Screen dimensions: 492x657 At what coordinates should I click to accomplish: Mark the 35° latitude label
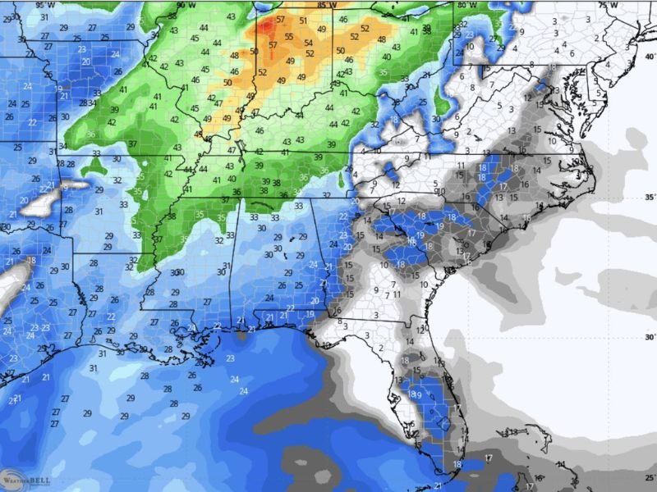(x=650, y=197)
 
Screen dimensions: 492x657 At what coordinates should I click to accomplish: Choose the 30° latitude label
(x=650, y=337)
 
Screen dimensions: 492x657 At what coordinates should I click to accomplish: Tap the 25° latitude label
(x=650, y=477)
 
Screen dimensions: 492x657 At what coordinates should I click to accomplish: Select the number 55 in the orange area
(x=289, y=37)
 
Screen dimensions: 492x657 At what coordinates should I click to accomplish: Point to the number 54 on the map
(x=308, y=43)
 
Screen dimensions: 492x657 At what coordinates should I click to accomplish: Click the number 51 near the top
(x=303, y=20)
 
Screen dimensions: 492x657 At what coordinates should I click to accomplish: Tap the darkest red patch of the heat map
(x=268, y=29)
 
